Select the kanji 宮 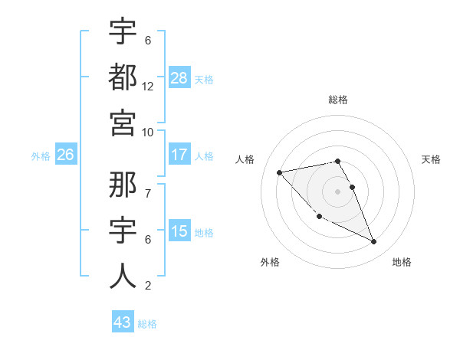pyautogui.click(x=122, y=123)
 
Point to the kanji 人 pyautogui.click(x=122, y=276)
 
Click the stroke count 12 pyautogui.click(x=148, y=86)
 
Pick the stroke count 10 pyautogui.click(x=148, y=132)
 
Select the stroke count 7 pyautogui.click(x=147, y=185)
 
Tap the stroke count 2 pyautogui.click(x=147, y=286)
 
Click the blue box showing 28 pyautogui.click(x=179, y=77)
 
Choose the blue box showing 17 pyautogui.click(x=179, y=155)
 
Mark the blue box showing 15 pyautogui.click(x=179, y=231)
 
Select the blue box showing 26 pyautogui.click(x=66, y=155)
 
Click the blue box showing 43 pyautogui.click(x=122, y=322)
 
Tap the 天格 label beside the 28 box pyautogui.click(x=204, y=79)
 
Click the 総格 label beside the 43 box pyautogui.click(x=147, y=324)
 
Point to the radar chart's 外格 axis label pyautogui.click(x=270, y=262)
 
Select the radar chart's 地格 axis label pyautogui.click(x=402, y=262)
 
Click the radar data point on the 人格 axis pyautogui.click(x=279, y=172)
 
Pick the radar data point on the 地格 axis pyautogui.click(x=373, y=242)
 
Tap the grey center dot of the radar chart pyautogui.click(x=337, y=191)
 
